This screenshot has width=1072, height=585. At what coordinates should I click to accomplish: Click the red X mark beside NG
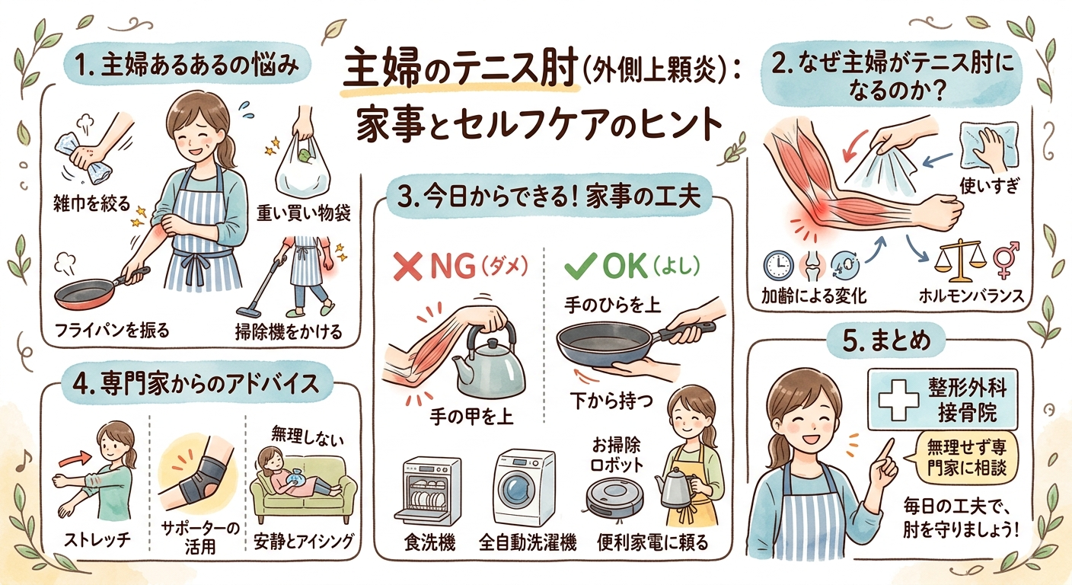407,267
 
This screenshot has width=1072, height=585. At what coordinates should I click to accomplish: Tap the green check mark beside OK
580,265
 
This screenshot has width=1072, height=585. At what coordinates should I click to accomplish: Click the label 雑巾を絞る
91,204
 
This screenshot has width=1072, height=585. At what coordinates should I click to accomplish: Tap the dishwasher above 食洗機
427,491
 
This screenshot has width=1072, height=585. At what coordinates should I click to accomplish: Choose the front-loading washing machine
524,487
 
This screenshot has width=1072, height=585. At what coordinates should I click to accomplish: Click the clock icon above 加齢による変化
779,265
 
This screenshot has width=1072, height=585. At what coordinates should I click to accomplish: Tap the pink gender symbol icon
1006,259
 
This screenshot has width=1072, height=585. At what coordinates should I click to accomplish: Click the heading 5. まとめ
886,340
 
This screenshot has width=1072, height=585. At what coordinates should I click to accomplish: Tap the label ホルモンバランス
971,296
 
